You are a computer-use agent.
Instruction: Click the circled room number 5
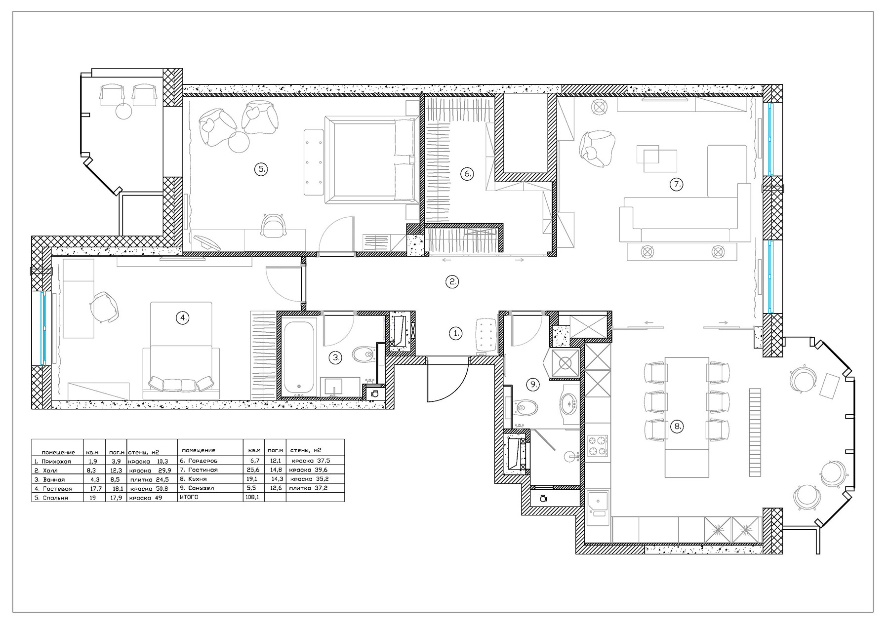(260, 169)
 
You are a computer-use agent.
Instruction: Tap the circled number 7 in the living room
(676, 185)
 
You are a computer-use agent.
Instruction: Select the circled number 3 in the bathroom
(335, 357)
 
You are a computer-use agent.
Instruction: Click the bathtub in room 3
(299, 358)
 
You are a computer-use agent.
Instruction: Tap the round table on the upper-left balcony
(123, 111)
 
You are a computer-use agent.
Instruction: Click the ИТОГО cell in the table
(188, 498)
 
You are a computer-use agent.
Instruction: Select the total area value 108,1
(252, 498)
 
